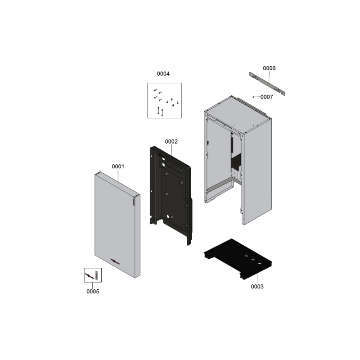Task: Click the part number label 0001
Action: pyautogui.click(x=118, y=166)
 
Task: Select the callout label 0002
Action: pyautogui.click(x=171, y=141)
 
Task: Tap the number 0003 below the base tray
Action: pyautogui.click(x=257, y=287)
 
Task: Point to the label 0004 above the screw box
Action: pyautogui.click(x=163, y=74)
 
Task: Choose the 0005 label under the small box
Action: pyautogui.click(x=93, y=291)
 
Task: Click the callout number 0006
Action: pyautogui.click(x=269, y=68)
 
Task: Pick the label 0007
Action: pyautogui.click(x=266, y=97)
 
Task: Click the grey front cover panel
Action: pyautogui.click(x=117, y=225)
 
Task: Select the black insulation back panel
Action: pyautogui.click(x=171, y=195)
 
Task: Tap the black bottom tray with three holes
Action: pyautogui.click(x=238, y=259)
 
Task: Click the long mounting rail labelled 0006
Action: pyautogui.click(x=267, y=84)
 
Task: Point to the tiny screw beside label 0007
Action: pyautogui.click(x=253, y=97)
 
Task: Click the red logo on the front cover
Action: pyautogui.click(x=115, y=261)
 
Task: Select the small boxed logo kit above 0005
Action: pyautogui.click(x=93, y=275)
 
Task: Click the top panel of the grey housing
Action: pyautogui.click(x=238, y=114)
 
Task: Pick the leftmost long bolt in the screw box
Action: pyautogui.click(x=158, y=110)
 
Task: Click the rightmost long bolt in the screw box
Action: pyautogui.click(x=162, y=112)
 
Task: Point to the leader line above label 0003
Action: pyautogui.click(x=257, y=279)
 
